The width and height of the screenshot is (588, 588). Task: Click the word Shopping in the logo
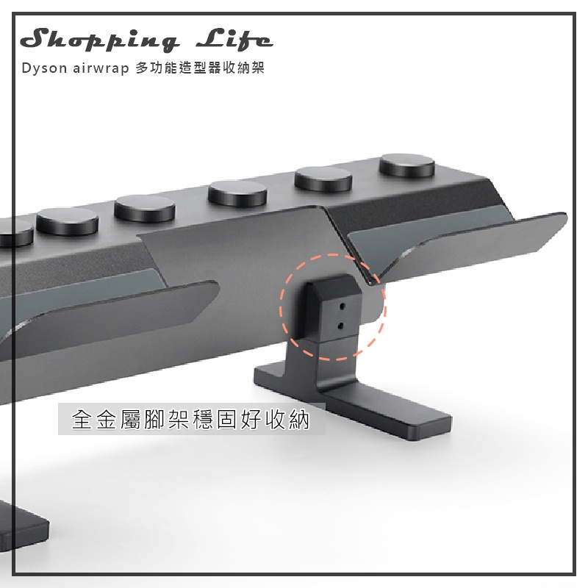click(99, 40)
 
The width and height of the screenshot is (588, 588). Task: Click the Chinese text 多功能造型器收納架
click(200, 68)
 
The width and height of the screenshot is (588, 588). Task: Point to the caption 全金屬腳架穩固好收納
click(190, 419)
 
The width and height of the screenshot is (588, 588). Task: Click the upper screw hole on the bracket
click(342, 306)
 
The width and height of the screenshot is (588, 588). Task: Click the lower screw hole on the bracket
click(340, 326)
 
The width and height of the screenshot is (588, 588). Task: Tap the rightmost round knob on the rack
click(407, 166)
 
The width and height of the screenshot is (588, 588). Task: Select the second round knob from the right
click(323, 179)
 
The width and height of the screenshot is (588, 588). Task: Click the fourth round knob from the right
click(145, 209)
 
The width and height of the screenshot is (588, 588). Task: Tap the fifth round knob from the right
click(68, 221)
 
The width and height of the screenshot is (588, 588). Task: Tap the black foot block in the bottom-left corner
click(23, 525)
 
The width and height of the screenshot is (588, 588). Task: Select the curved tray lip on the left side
click(112, 315)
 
